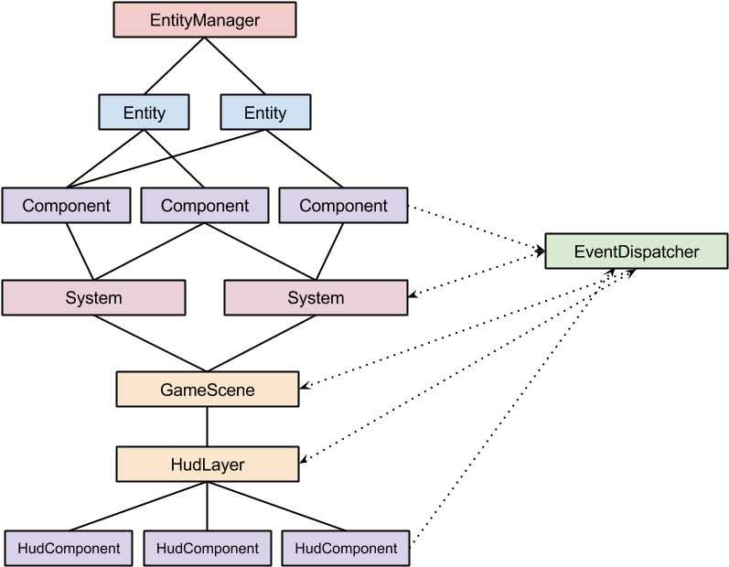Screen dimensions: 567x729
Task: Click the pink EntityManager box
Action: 205,19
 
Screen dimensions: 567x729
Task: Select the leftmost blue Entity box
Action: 144,112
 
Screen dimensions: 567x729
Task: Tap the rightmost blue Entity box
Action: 265,112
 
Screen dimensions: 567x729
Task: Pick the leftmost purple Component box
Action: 66,206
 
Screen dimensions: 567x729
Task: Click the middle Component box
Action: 205,206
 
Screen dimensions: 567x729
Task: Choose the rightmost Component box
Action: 343,206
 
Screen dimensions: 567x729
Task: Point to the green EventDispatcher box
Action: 636,251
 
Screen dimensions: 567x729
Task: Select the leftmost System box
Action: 93,298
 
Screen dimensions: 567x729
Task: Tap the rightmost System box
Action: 316,298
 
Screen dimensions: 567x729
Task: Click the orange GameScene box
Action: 208,390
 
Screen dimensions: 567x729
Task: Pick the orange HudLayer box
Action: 208,465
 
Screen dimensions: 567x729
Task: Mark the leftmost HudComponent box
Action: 69,549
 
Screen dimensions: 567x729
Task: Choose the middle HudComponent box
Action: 208,549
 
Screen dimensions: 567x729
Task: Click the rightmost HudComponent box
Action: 346,549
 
